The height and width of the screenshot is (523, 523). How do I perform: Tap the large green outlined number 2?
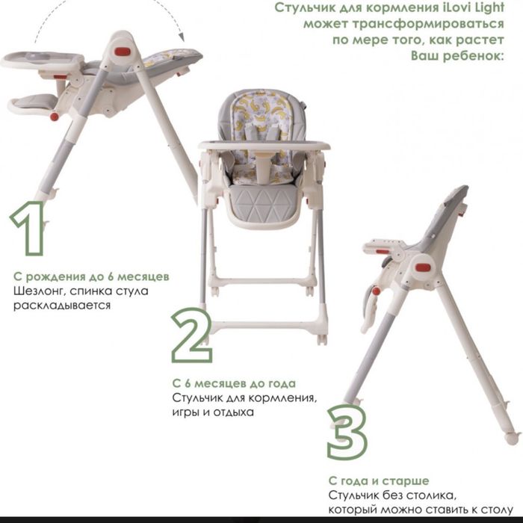click(191, 335)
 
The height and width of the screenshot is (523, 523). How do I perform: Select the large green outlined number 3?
click(347, 432)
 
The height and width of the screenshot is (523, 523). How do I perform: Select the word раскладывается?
click(62, 306)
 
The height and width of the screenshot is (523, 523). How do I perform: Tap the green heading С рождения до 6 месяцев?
click(91, 277)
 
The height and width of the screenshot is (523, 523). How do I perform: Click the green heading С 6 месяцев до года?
click(234, 383)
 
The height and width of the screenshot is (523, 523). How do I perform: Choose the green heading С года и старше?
click(379, 481)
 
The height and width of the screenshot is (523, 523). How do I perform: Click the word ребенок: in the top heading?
click(457, 56)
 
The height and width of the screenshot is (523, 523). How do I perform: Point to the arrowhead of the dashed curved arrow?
click(182, 37)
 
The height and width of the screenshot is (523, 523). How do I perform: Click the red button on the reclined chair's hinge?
click(123, 52)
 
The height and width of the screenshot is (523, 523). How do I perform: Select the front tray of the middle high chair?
click(264, 146)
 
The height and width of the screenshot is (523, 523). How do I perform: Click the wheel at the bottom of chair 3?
click(512, 439)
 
